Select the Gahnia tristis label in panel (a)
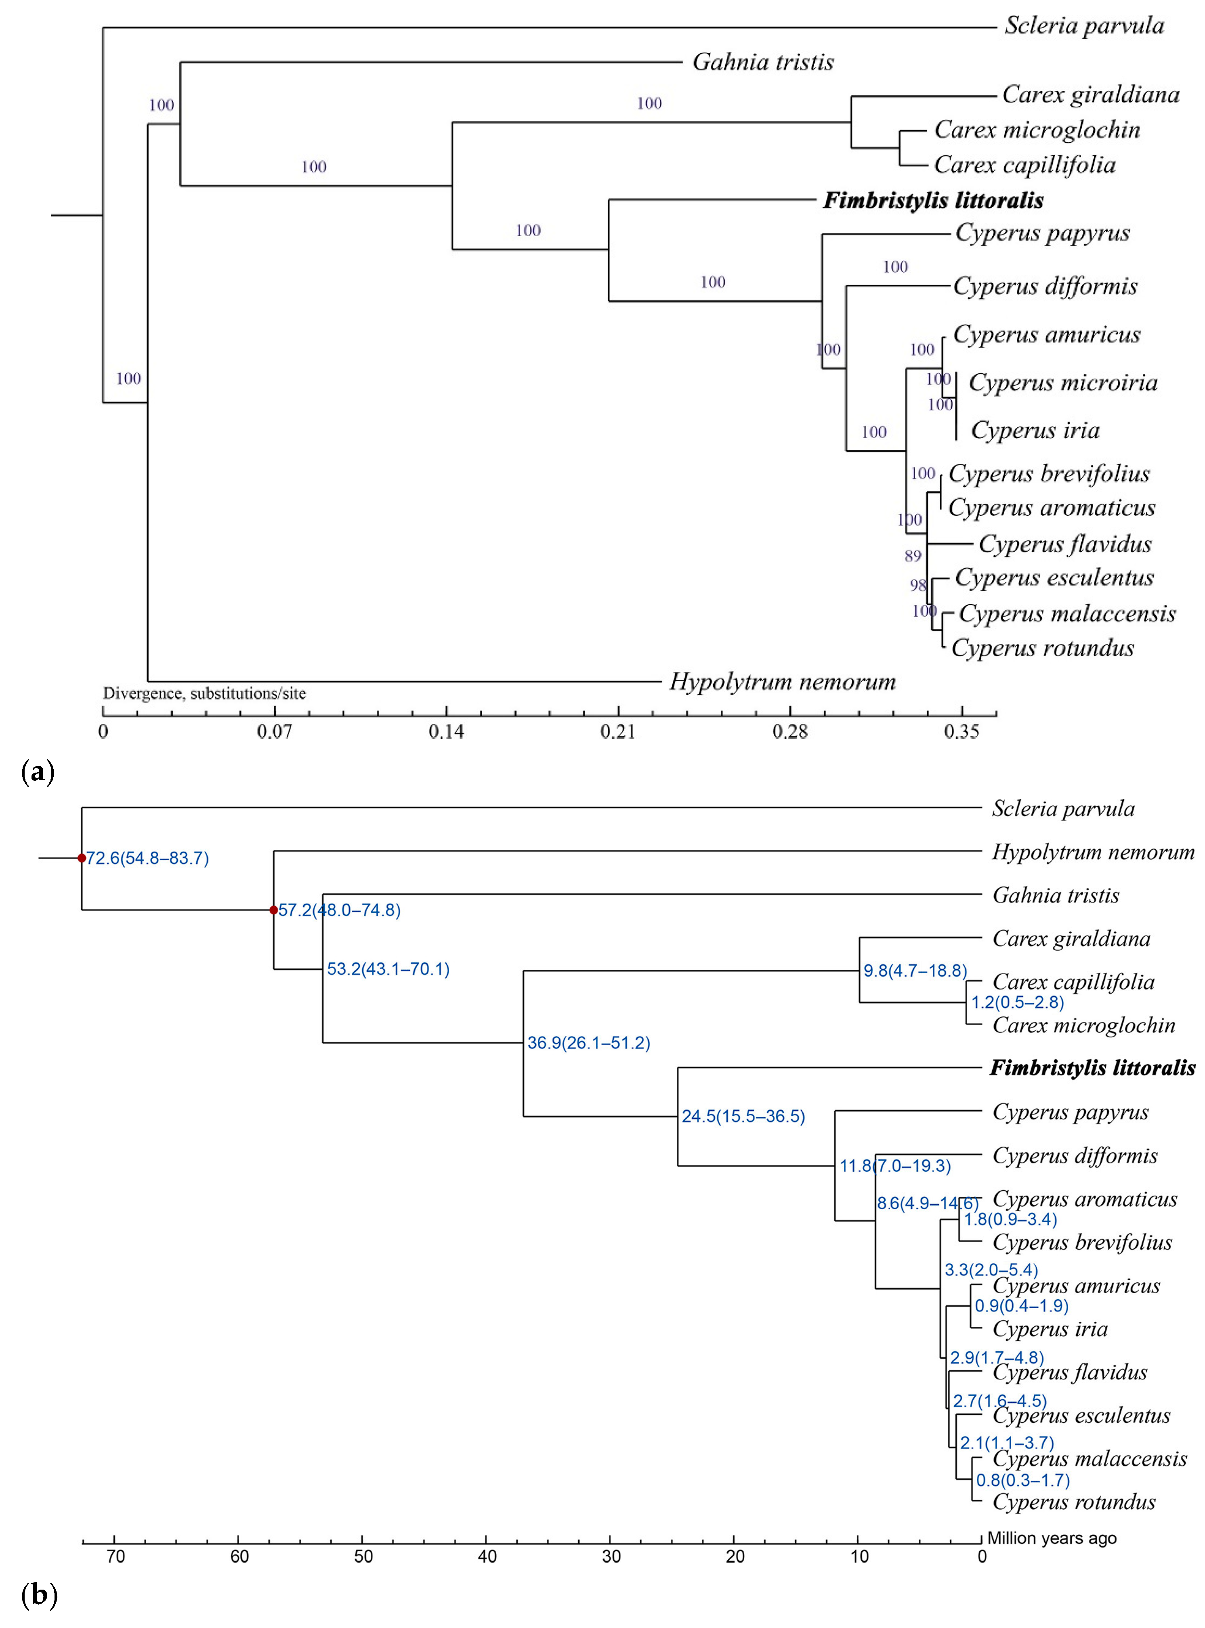[x=762, y=62]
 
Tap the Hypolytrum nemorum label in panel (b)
[x=1093, y=852]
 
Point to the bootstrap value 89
[x=913, y=556]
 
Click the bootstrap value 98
[x=917, y=585]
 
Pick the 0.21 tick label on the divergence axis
[x=618, y=731]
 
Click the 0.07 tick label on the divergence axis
[x=274, y=731]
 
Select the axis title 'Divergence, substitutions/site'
[x=204, y=693]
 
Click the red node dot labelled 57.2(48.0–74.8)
[x=273, y=910]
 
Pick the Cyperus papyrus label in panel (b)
[x=1070, y=1112]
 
